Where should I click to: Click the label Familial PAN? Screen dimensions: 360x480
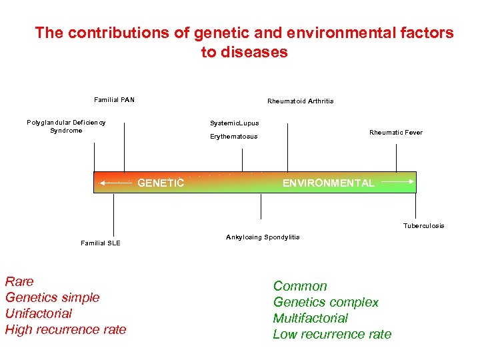[114, 100]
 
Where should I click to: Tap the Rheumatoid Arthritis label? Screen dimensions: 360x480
[300, 101]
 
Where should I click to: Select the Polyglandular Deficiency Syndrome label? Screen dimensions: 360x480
[66, 126]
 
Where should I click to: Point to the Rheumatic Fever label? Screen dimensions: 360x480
[396, 132]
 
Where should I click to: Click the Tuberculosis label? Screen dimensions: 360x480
[423, 225]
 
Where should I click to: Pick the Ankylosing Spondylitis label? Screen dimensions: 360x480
[263, 237]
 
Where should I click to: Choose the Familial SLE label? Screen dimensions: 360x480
[101, 243]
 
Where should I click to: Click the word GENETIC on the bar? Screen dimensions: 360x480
[160, 183]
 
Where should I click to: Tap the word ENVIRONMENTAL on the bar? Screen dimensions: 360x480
[328, 183]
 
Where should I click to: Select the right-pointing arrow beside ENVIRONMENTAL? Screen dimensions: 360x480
[398, 181]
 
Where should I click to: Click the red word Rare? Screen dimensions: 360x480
[19, 281]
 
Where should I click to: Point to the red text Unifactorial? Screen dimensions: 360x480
[38, 313]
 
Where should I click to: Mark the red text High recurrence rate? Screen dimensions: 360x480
[65, 329]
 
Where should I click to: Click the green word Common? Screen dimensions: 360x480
[300, 286]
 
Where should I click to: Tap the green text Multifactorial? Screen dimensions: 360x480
[310, 318]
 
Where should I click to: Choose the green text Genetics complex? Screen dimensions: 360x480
[325, 302]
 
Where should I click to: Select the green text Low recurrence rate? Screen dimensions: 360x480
[332, 334]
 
